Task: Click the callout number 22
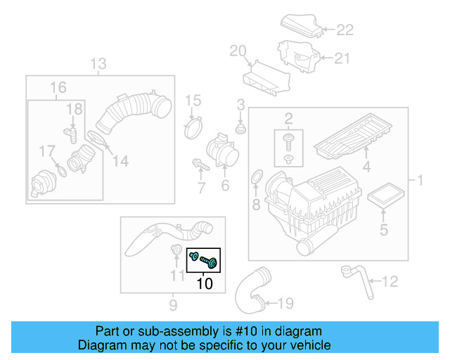(345, 30)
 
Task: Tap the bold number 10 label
(204, 284)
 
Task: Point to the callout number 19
(284, 304)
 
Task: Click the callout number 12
(389, 282)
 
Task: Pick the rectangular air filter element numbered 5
(383, 196)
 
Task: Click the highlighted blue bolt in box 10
(208, 262)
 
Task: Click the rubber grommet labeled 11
(176, 250)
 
